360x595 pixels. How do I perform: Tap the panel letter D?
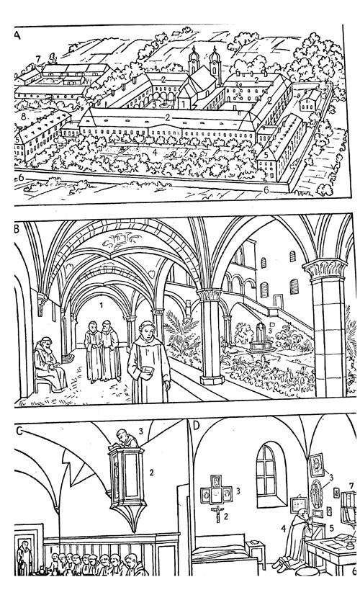[x=196, y=426]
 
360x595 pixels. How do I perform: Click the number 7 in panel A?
[x=38, y=59]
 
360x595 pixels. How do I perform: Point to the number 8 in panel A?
[x=24, y=117]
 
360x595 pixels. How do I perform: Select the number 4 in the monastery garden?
[x=154, y=153]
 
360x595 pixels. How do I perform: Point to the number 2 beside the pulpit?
[x=151, y=472]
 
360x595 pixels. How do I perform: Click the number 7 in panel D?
[x=351, y=486]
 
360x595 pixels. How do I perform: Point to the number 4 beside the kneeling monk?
[x=283, y=528]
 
